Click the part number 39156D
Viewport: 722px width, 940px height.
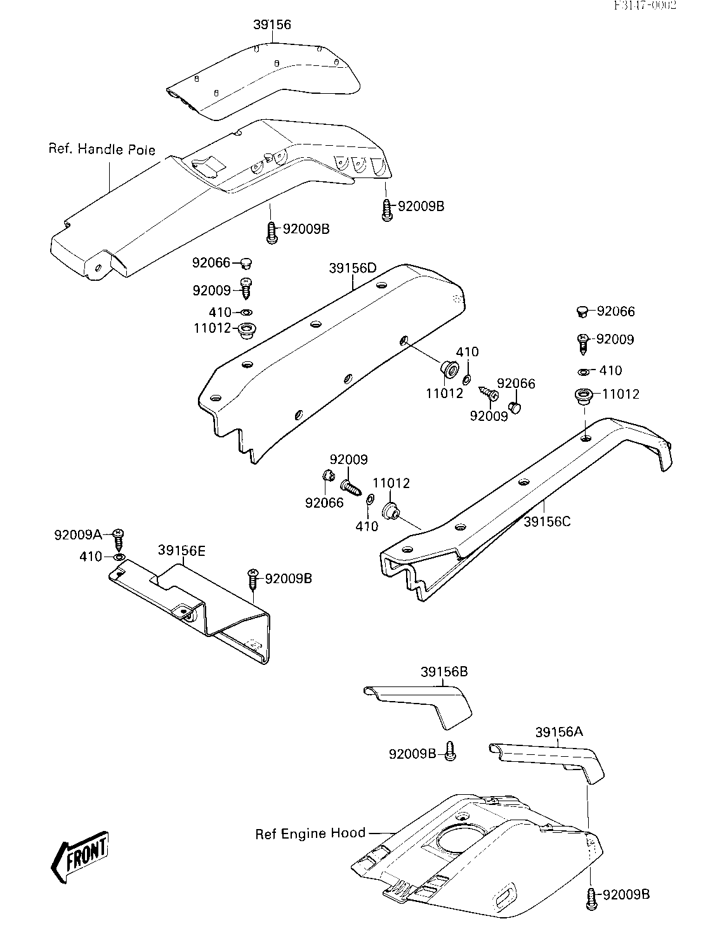[x=353, y=268]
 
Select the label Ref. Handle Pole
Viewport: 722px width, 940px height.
[x=102, y=150]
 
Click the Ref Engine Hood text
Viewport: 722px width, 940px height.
[x=310, y=834]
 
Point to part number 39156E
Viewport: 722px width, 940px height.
[x=182, y=551]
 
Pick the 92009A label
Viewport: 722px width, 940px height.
[x=77, y=534]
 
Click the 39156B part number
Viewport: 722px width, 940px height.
[x=443, y=672]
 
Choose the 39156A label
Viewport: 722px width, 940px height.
[x=559, y=732]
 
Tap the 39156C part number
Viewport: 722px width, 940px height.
[x=548, y=522]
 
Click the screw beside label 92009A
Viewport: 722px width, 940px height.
[x=118, y=539]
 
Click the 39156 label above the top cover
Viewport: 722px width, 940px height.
[x=272, y=25]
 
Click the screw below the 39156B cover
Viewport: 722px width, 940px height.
[x=449, y=751]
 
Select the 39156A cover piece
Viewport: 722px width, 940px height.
[x=552, y=757]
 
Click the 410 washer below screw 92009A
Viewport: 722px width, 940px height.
[x=118, y=557]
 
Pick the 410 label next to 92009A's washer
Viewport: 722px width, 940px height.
[x=91, y=557]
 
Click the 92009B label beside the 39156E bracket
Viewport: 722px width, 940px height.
[x=288, y=578]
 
